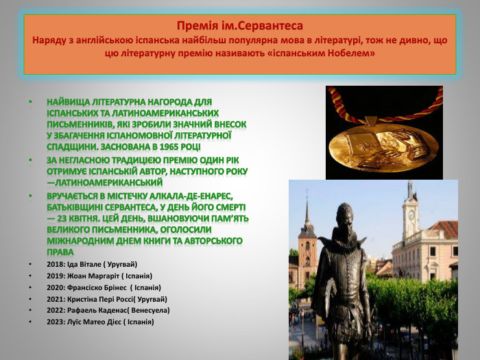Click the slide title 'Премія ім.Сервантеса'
click(239, 26)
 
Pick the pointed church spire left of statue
click(307, 213)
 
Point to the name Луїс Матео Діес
click(97, 322)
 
